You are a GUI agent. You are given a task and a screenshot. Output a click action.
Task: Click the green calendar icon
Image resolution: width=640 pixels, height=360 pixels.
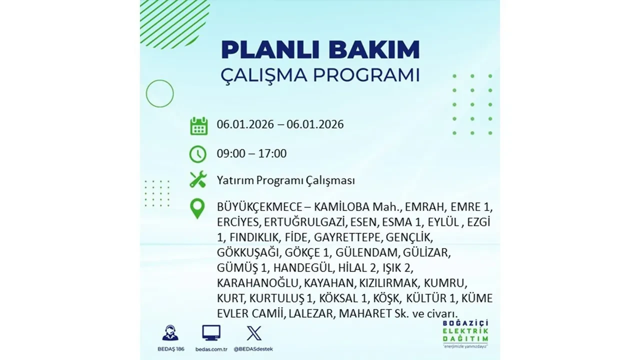[x=198, y=125]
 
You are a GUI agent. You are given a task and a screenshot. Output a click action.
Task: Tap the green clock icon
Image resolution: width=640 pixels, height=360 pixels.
[x=198, y=153]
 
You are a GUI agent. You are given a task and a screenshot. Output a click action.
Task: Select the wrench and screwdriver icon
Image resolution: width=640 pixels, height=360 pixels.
[x=198, y=179]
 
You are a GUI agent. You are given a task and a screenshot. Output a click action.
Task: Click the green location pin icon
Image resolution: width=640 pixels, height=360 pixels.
[x=198, y=208]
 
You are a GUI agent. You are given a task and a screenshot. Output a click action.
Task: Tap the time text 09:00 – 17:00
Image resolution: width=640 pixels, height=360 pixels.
[x=251, y=153]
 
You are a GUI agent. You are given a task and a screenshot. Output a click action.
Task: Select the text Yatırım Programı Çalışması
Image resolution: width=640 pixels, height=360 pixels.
[x=286, y=180]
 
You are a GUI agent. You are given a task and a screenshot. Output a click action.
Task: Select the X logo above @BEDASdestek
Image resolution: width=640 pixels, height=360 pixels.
[x=254, y=333]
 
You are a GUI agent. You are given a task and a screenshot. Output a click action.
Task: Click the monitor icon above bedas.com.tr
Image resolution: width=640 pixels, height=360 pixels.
[x=211, y=333]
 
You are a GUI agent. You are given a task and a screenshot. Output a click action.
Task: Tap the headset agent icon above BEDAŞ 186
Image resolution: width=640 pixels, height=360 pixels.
[x=170, y=333]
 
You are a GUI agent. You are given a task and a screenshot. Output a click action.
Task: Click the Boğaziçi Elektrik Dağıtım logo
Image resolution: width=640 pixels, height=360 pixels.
[x=464, y=333]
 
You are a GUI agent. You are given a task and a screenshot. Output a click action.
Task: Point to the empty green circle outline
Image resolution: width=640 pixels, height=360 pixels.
[x=159, y=93]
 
